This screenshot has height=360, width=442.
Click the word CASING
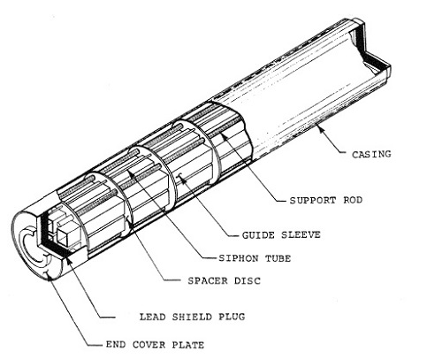tap(371, 154)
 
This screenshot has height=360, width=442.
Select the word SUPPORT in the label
tap(313, 201)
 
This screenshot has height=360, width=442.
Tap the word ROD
tap(353, 200)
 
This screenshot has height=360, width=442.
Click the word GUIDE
tap(258, 235)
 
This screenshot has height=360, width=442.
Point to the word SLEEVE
tap(301, 235)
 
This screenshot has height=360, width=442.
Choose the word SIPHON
tap(239, 258)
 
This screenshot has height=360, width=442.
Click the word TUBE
tap(278, 258)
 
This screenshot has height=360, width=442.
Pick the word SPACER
tap(208, 280)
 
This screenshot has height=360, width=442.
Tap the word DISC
tap(248, 280)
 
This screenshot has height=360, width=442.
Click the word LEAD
tap(152, 317)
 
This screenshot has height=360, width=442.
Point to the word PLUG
tap(232, 317)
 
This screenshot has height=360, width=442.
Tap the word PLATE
tap(187, 345)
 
